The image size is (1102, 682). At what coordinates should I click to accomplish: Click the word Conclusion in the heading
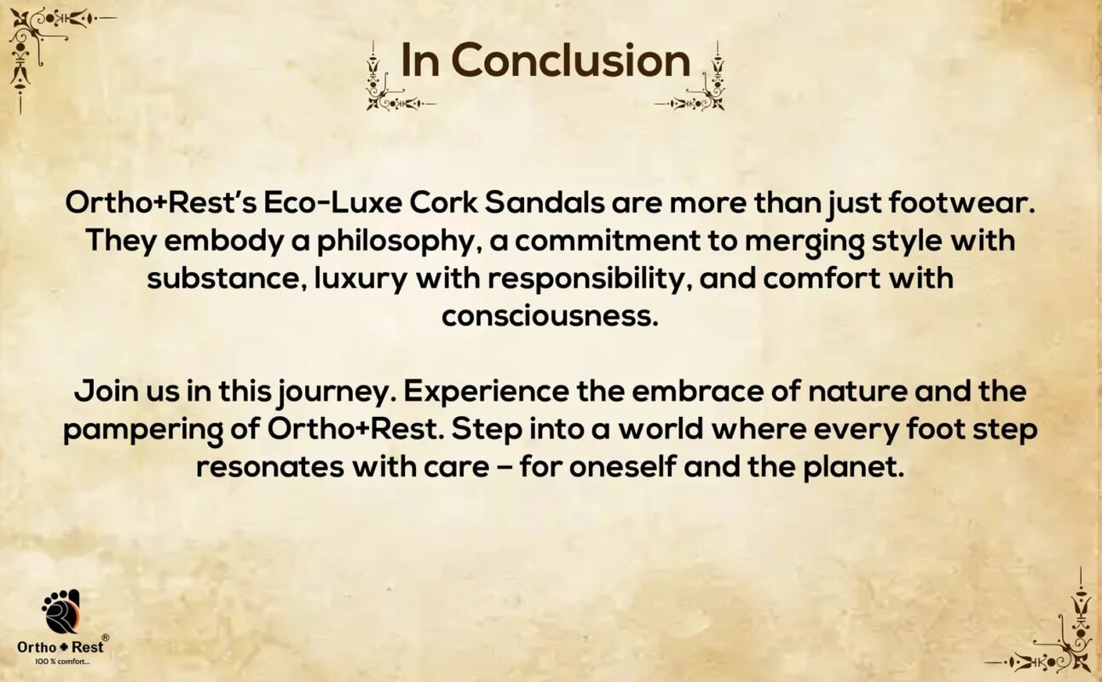(571, 60)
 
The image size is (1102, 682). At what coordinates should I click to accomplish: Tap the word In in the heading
(420, 60)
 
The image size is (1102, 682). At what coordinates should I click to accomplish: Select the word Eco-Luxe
(332, 203)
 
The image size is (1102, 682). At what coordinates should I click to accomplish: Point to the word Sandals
(545, 203)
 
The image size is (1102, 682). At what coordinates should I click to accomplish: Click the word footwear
(962, 203)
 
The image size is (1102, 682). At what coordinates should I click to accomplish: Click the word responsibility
(590, 280)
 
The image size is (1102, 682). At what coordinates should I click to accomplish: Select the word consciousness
(550, 316)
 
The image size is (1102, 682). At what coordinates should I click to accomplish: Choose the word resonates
(270, 467)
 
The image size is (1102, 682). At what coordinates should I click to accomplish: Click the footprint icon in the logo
(61, 611)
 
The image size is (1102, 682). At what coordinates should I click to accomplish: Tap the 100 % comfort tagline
(62, 662)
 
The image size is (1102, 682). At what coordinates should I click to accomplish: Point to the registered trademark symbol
(106, 637)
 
